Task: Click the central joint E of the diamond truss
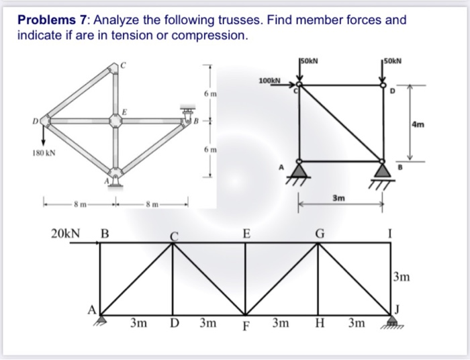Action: pos(115,121)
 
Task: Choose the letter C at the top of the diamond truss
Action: pos(123,64)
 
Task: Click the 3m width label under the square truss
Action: pos(340,198)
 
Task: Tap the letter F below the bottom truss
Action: pos(245,329)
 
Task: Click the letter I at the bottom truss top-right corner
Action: pos(391,234)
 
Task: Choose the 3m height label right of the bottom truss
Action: pos(401,277)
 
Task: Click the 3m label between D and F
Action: pos(208,324)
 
